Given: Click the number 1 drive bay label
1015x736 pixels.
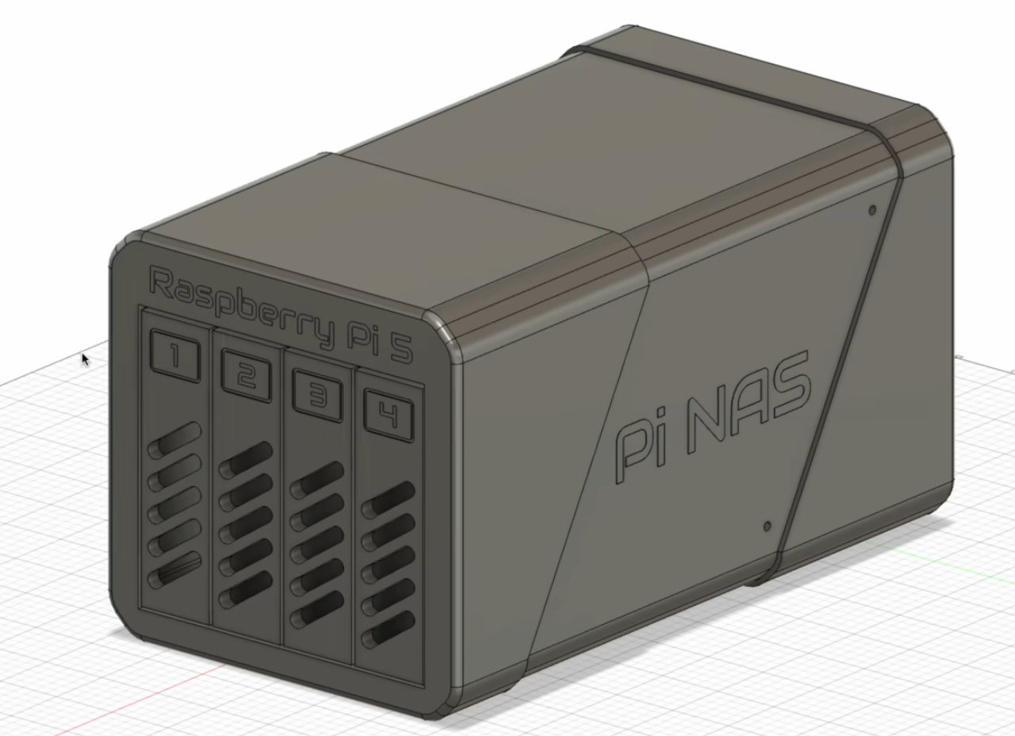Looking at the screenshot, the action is coord(175,356).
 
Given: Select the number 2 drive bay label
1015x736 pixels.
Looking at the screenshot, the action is coord(247,377).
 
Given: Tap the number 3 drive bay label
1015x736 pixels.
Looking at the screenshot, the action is coord(317,397).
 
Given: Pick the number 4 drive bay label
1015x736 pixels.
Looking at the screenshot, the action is coord(389,416).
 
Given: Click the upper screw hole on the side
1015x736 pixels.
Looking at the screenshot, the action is coord(872,210).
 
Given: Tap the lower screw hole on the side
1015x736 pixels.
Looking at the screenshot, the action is coord(767,526).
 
